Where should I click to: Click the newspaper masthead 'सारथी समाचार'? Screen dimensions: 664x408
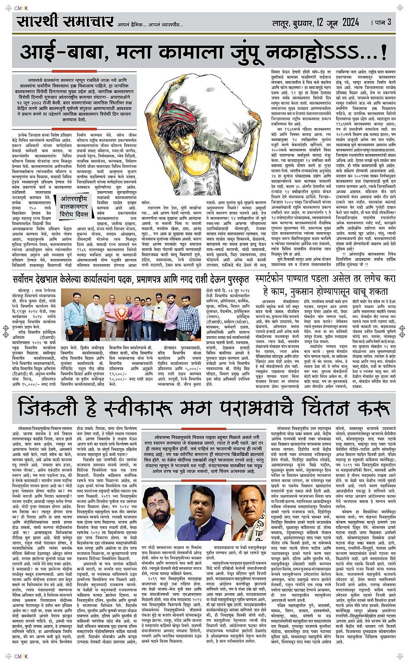click(x=65, y=21)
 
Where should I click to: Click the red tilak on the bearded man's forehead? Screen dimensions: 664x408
click(x=159, y=491)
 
